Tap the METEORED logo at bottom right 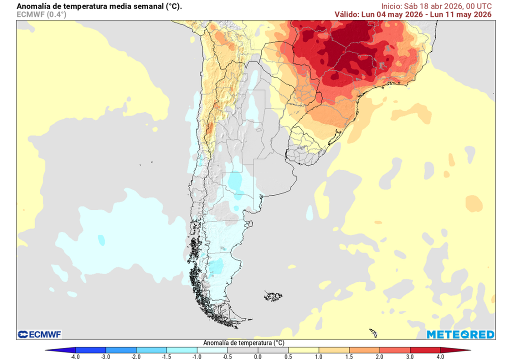[x=460, y=334]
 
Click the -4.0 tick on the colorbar [x=75, y=356]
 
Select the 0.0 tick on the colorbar [x=257, y=356]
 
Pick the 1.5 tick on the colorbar [x=348, y=356]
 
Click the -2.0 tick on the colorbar [x=136, y=356]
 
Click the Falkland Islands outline [x=273, y=296]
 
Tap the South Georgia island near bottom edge [x=372, y=332]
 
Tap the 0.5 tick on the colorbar [x=287, y=356]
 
